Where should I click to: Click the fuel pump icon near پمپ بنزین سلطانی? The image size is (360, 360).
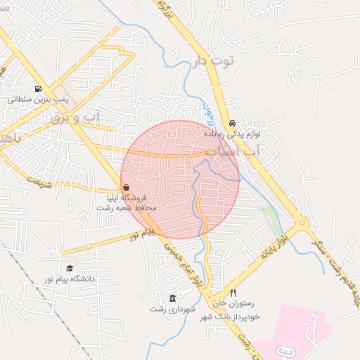coord(37,89)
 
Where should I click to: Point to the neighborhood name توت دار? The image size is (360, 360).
coord(208,61)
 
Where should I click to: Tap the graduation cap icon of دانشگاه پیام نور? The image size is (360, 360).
coord(69,268)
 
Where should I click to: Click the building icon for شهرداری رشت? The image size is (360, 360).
coord(173,298)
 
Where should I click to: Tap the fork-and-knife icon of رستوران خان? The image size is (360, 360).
coord(233,292)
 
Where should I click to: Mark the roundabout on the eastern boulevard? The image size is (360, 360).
coord(302,224)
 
